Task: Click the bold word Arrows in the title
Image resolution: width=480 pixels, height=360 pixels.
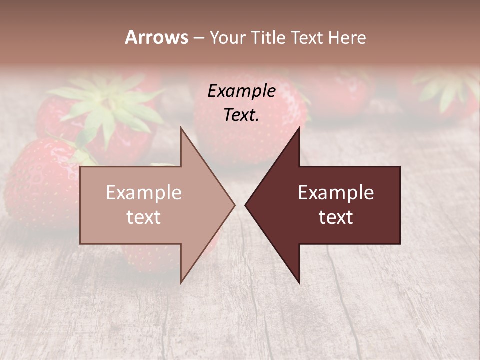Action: click(x=156, y=37)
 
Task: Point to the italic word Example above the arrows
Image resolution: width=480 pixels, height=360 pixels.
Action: click(x=241, y=91)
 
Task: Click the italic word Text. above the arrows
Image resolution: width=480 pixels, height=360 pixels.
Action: click(x=241, y=115)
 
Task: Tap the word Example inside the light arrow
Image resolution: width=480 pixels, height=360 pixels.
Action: click(x=143, y=192)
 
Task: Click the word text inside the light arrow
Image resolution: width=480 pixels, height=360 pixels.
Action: click(x=143, y=217)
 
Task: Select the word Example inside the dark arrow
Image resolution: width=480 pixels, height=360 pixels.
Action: click(x=336, y=192)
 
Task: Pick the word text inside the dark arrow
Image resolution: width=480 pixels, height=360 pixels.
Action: click(x=336, y=217)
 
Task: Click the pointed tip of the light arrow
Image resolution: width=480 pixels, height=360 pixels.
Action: click(x=234, y=205)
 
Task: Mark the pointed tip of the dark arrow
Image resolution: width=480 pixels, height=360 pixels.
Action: click(x=245, y=205)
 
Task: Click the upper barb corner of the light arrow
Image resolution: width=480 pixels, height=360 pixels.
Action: click(x=181, y=128)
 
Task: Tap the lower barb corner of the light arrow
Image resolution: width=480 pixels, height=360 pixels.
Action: click(x=181, y=282)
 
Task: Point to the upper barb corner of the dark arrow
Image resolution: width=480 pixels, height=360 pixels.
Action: click(x=299, y=128)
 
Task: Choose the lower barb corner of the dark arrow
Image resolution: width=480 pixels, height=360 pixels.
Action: click(x=299, y=282)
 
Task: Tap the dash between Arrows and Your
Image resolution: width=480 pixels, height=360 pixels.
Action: click(x=198, y=38)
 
